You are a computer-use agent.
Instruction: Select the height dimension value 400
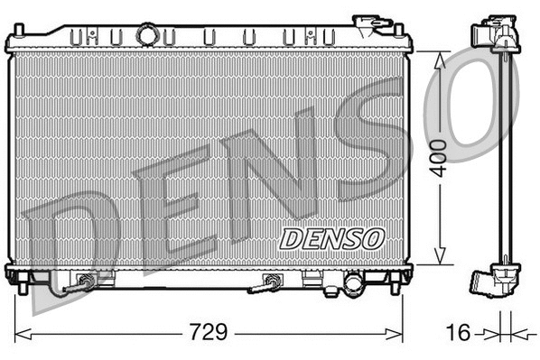click(440, 158)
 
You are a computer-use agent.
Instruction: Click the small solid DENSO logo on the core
click(331, 238)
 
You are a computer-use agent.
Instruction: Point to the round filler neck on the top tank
click(146, 35)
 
